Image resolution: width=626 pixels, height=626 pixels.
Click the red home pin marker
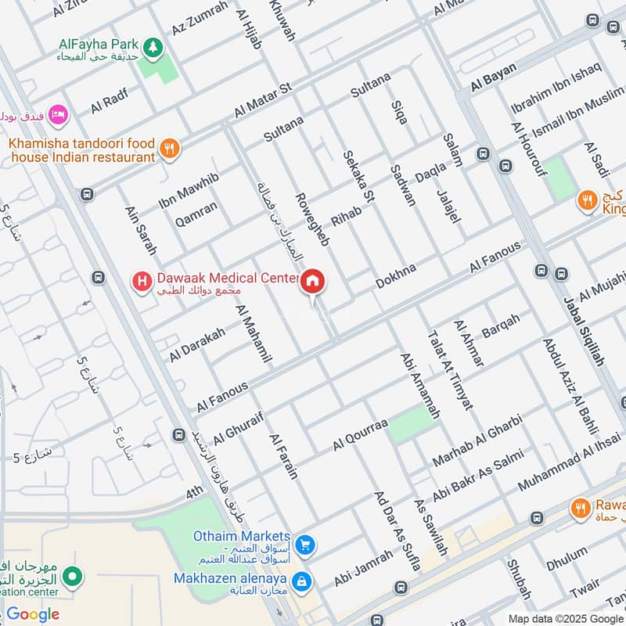pyautogui.click(x=313, y=282)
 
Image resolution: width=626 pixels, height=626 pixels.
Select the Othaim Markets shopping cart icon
pyautogui.click(x=305, y=545)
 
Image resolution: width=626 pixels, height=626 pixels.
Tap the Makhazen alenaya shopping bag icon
pyautogui.click(x=300, y=581)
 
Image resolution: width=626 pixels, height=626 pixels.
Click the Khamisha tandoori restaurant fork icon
pyautogui.click(x=168, y=147)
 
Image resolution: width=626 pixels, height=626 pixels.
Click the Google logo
pyautogui.click(x=33, y=614)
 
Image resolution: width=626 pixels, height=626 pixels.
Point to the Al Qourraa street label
pyautogui.click(x=360, y=434)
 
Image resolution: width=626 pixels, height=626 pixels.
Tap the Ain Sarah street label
pyautogui.click(x=141, y=230)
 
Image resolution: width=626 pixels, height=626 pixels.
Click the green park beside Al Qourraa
pyautogui.click(x=409, y=425)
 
